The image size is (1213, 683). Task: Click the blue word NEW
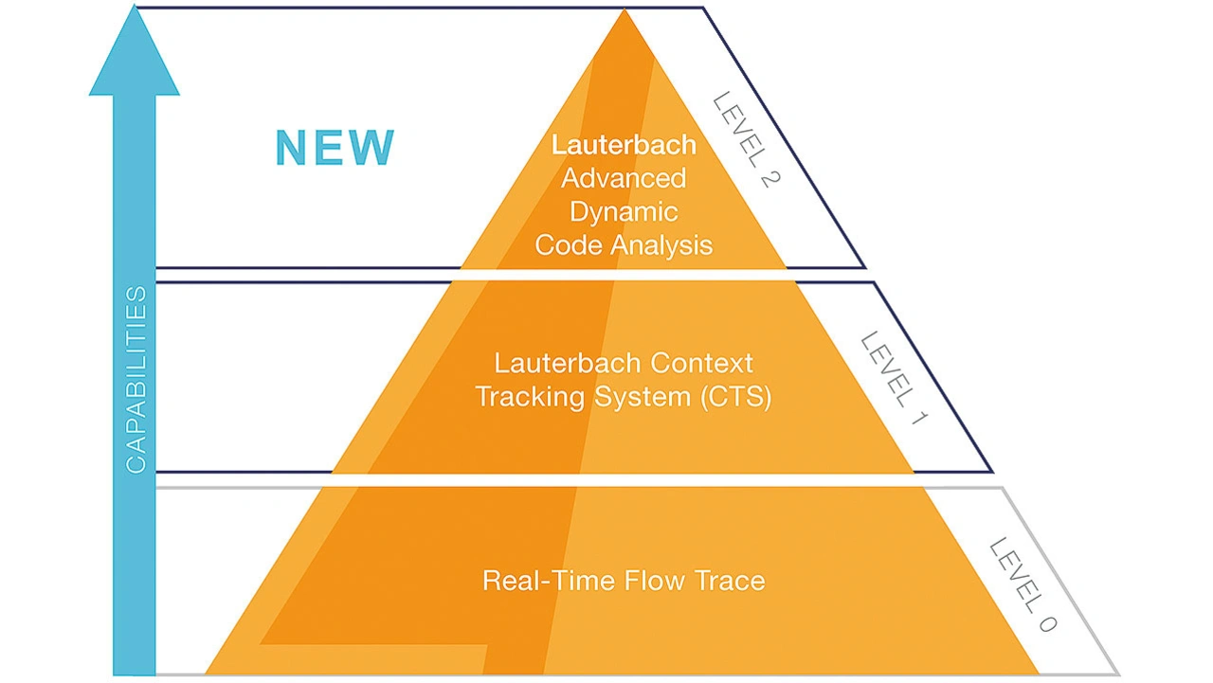tap(335, 147)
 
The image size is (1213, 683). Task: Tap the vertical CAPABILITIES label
tap(136, 380)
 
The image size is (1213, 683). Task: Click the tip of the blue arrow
tap(134, 6)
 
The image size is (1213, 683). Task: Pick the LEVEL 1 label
tap(895, 378)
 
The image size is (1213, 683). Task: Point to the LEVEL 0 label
tap(1023, 585)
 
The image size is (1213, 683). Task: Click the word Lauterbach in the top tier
tap(624, 145)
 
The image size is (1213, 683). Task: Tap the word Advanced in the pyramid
tap(624, 179)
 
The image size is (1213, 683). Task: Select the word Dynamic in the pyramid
tap(624, 212)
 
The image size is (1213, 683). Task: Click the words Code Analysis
tap(624, 245)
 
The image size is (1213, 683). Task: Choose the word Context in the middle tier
tap(702, 363)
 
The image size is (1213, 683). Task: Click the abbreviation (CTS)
tap(736, 397)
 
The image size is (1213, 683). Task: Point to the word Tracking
tap(532, 397)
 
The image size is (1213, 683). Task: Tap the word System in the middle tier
tap(643, 397)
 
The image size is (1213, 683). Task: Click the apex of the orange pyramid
tap(624, 9)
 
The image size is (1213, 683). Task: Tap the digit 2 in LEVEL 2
tap(771, 180)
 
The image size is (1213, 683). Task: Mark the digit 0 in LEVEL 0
tap(1047, 624)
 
